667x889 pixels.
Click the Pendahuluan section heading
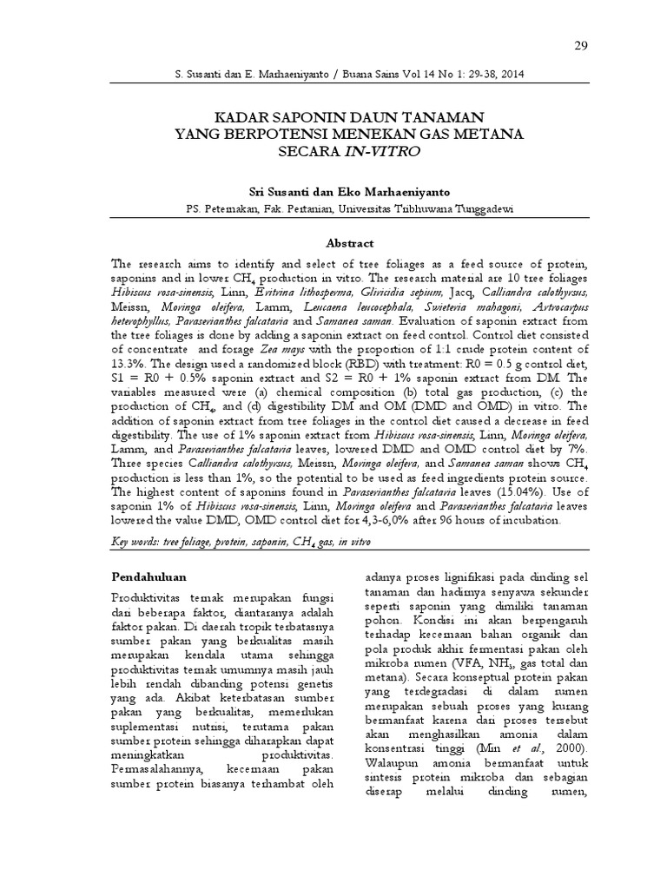[x=153, y=576]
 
